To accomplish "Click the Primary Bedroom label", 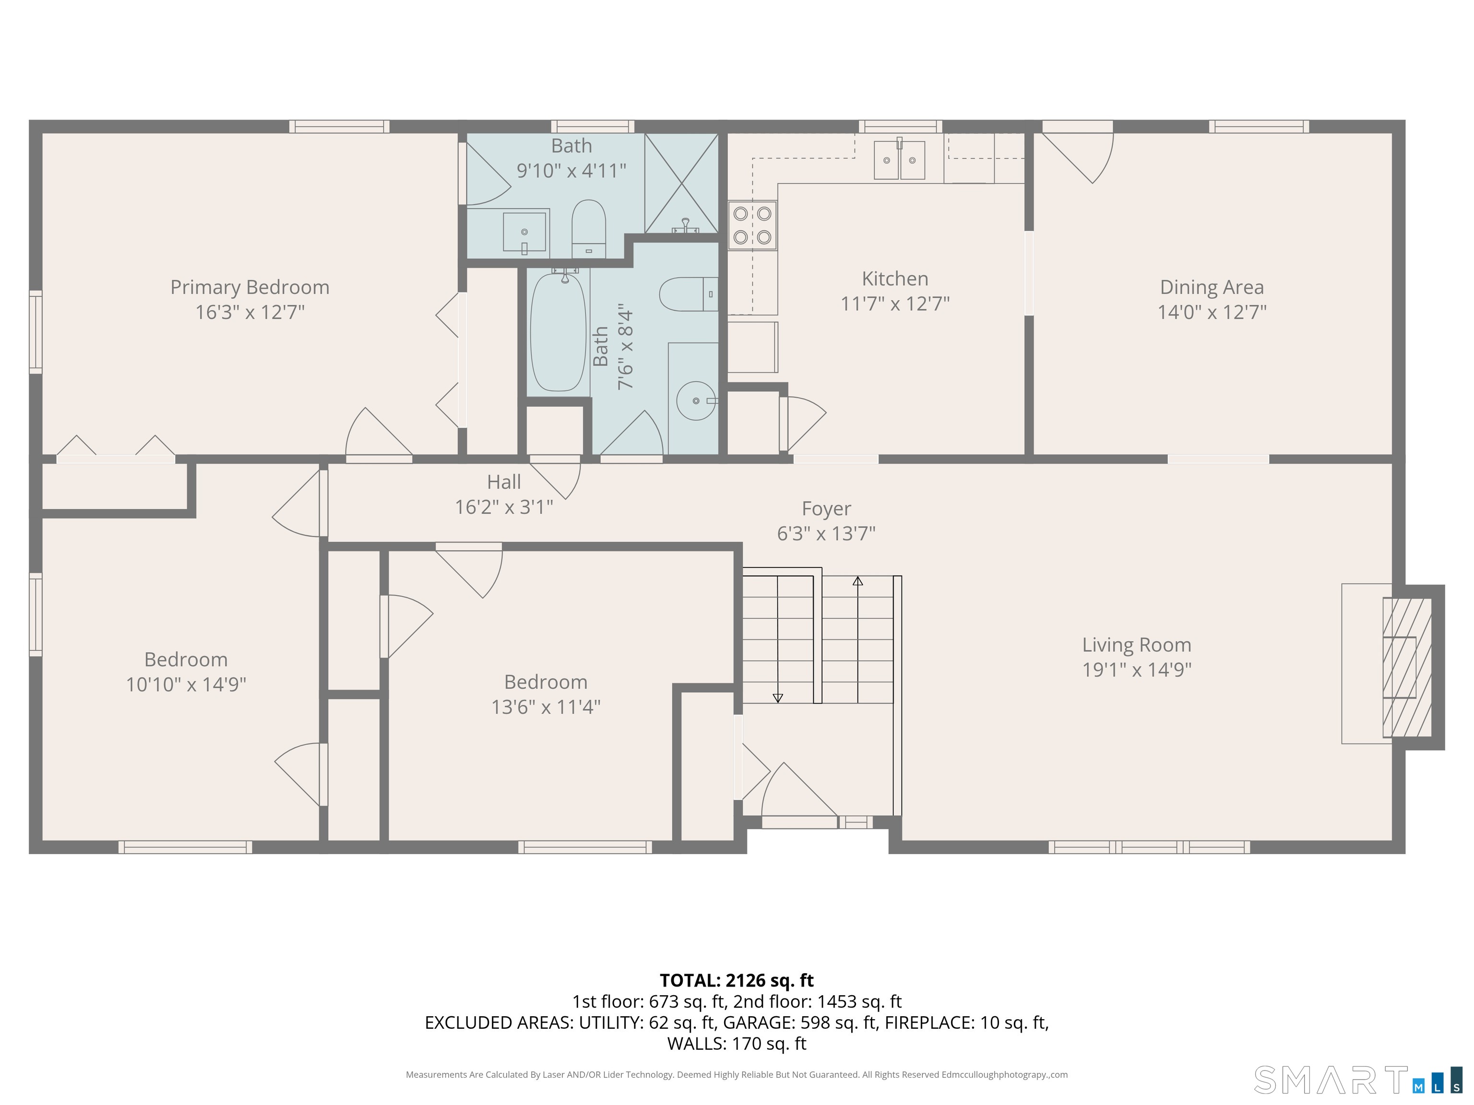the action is (250, 287).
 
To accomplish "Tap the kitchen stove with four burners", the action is (752, 225).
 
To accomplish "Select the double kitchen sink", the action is (900, 160).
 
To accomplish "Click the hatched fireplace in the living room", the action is (1407, 667).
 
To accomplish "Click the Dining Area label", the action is (1212, 287).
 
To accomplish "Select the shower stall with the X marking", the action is (681, 183).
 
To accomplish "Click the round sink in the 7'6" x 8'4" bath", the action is (696, 401).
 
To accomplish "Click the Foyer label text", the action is (826, 509).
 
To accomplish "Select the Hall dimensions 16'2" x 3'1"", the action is (504, 507).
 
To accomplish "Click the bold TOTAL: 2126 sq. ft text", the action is (737, 980).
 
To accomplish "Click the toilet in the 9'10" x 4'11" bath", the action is (588, 228).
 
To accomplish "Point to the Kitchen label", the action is (895, 279).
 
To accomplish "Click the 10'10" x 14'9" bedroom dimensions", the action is (186, 684).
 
